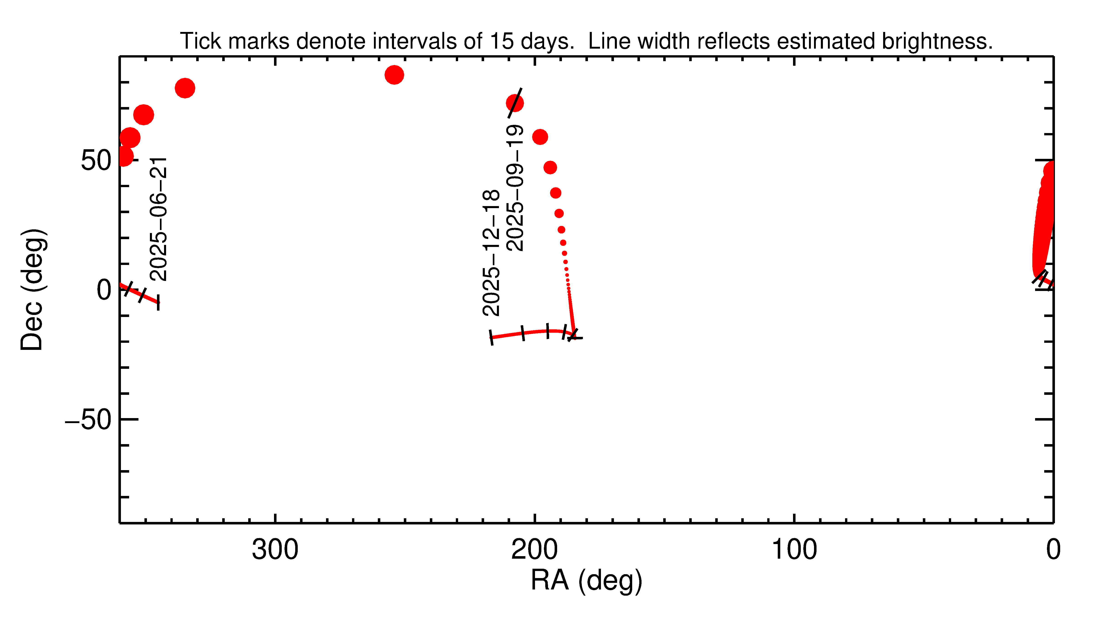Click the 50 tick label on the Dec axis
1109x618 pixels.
point(96,161)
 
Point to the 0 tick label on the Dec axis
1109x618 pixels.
point(104,290)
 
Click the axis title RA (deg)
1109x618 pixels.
point(586,581)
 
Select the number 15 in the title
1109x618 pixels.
point(501,41)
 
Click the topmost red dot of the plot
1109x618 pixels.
point(394,75)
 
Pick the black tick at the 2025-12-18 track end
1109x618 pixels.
point(491,337)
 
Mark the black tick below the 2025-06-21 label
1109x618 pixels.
point(158,302)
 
